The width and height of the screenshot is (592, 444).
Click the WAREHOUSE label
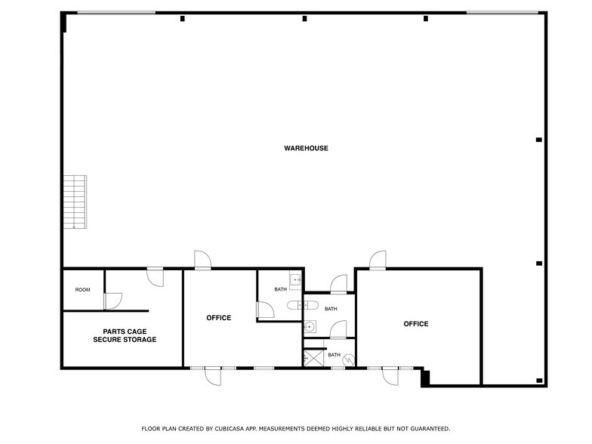click(306, 148)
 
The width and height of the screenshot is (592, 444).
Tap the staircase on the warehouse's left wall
click(75, 201)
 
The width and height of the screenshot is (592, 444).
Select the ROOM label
click(82, 290)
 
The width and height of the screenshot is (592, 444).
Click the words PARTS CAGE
click(125, 331)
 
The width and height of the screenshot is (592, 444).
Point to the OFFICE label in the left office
click(219, 318)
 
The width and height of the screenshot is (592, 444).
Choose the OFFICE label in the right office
click(416, 324)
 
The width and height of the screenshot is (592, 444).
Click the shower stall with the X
click(313, 358)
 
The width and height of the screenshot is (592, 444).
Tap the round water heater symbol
click(348, 361)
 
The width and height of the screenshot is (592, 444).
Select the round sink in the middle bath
click(309, 328)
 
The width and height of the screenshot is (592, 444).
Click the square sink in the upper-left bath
click(295, 279)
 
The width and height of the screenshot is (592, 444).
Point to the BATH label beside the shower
click(334, 355)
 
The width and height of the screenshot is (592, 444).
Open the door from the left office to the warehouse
click(202, 261)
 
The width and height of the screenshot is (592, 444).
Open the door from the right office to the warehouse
click(378, 261)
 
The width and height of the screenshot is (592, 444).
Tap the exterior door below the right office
click(390, 375)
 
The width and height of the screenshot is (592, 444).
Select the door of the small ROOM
click(113, 301)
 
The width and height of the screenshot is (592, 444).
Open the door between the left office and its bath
click(264, 310)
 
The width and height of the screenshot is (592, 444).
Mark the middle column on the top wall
click(304, 18)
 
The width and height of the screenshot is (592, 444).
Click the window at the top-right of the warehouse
click(502, 12)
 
